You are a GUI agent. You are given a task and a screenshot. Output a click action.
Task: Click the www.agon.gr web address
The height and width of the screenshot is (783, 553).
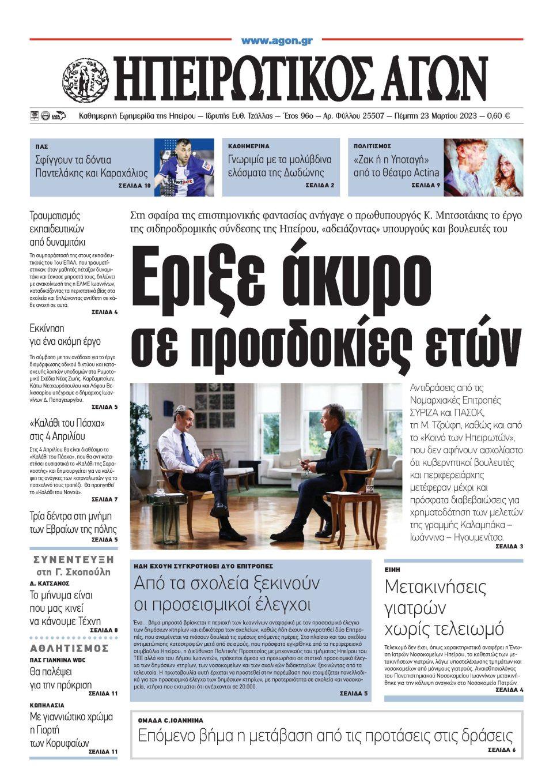tap(276, 41)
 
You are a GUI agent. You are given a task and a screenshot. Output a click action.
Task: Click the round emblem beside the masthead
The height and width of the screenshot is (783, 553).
tap(85, 81)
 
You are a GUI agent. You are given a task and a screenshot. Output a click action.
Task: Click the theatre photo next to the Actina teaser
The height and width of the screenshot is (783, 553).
tap(483, 167)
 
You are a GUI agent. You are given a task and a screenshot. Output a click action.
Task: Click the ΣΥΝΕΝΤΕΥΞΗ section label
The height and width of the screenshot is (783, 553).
tap(73, 559)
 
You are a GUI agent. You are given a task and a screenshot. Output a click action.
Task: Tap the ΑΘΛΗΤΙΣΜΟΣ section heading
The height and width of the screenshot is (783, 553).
tap(70, 648)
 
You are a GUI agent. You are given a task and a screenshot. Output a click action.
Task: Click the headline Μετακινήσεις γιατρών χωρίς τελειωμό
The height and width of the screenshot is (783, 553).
tap(444, 607)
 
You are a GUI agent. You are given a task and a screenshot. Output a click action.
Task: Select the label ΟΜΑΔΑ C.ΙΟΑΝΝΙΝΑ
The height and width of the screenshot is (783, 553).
tap(171, 720)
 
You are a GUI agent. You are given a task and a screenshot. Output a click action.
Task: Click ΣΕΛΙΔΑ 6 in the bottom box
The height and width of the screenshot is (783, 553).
tap(501, 750)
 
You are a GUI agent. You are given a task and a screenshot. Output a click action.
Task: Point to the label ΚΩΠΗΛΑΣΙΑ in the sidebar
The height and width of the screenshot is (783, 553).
tap(47, 705)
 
